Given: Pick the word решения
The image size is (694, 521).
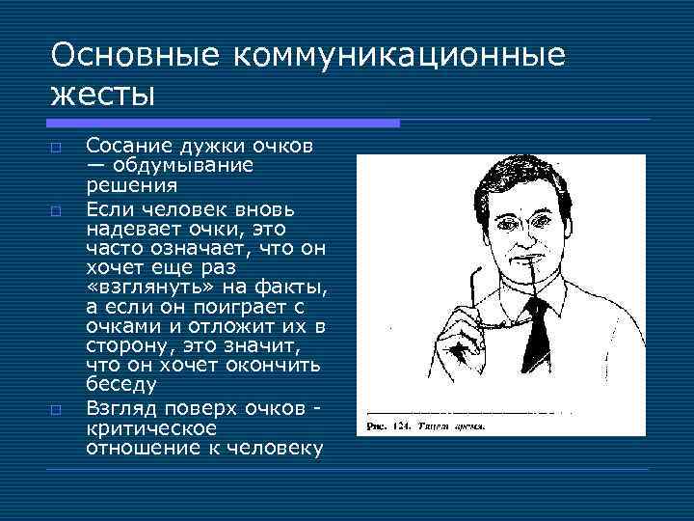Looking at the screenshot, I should [x=131, y=185].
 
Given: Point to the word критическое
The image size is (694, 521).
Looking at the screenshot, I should [x=151, y=427].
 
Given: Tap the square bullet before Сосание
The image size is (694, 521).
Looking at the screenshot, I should [x=57, y=148].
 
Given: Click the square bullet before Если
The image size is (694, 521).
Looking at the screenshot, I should [x=57, y=208].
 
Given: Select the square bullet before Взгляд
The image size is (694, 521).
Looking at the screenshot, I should [x=57, y=409].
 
